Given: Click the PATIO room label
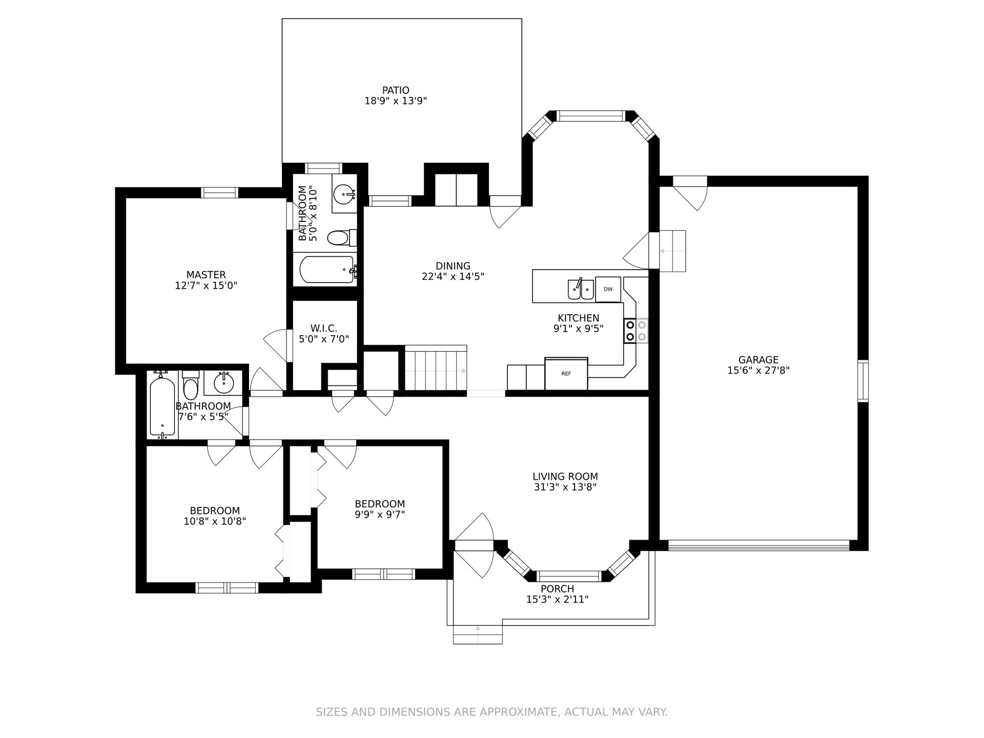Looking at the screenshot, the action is point(396,91).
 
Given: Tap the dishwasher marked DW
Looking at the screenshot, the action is point(608,290).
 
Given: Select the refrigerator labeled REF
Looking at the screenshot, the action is point(566,374).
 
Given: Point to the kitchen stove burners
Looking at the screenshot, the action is point(635,331).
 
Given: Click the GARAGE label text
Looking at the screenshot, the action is point(758,360).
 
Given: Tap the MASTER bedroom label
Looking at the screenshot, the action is point(206,275).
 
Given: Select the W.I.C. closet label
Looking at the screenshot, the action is point(324,328).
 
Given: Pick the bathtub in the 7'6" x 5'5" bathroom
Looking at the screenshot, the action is point(162,405).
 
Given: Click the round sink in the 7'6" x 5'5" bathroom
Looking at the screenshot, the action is point(223,382).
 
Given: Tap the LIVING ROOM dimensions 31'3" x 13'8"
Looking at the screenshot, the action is point(565,487).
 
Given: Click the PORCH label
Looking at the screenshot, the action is point(558,589).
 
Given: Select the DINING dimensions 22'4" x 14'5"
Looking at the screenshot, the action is point(453,276).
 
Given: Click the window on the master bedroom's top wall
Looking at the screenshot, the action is point(219,193).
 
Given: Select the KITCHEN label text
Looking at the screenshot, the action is point(579,318).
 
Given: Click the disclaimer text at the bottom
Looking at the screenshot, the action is point(491,712).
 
